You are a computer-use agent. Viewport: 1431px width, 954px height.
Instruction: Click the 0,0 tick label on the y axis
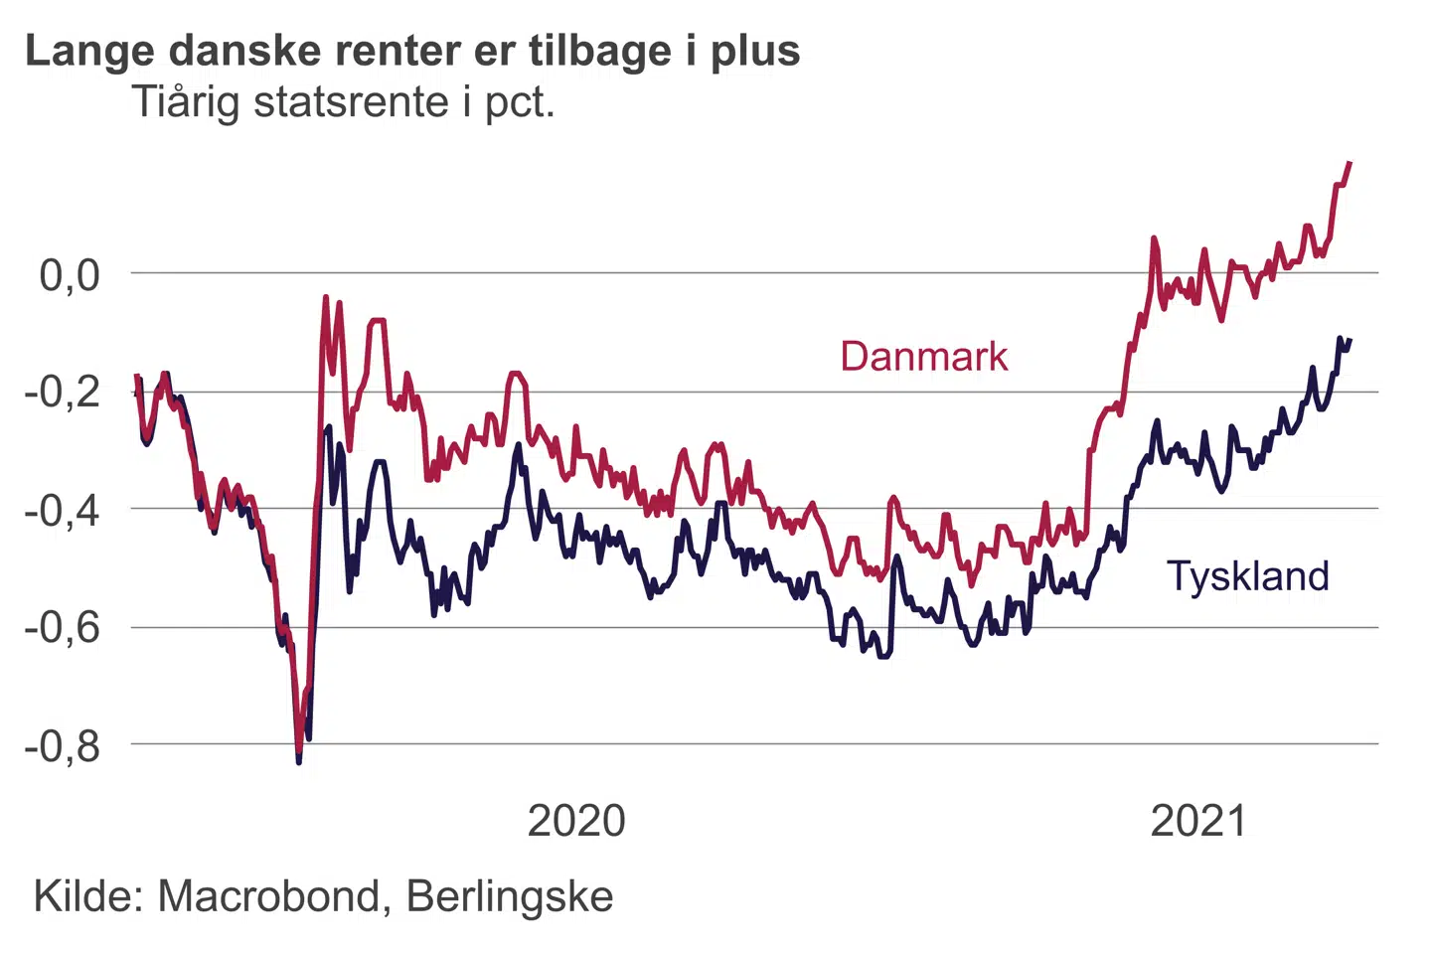[70, 275]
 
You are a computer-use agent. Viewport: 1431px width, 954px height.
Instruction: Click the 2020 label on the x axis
[576, 822]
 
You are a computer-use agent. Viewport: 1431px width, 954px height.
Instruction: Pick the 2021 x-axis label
[1197, 822]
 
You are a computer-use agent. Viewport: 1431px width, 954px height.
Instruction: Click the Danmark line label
[923, 357]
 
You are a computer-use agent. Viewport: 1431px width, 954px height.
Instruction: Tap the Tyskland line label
[1247, 576]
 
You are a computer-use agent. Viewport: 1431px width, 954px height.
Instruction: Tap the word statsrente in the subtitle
[352, 102]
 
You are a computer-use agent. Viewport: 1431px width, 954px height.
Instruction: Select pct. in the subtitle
[519, 103]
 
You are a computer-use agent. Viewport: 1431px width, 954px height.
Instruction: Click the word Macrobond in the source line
[268, 896]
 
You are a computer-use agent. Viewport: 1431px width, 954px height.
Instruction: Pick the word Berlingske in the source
[510, 896]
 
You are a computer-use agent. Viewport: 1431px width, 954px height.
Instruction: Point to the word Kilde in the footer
[88, 896]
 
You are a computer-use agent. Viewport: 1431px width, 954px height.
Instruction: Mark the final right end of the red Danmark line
[1350, 162]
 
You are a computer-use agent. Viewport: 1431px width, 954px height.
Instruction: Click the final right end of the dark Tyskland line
[1350, 340]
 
